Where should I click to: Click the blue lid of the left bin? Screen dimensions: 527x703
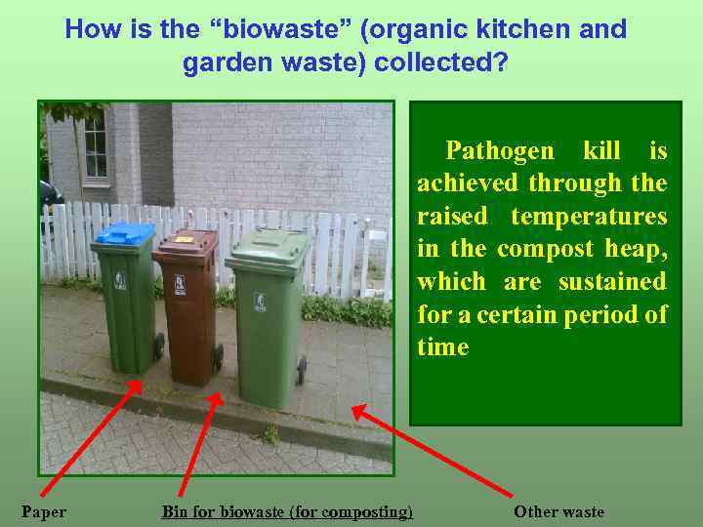125,234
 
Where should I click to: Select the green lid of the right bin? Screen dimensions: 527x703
267,241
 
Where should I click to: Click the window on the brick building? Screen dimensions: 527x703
95,146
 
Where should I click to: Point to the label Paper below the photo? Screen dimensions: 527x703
44,511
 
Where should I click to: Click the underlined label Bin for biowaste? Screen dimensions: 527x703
287,511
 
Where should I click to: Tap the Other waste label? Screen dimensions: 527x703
558,511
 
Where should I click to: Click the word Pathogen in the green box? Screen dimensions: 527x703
499,150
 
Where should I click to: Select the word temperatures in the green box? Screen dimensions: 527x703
589,216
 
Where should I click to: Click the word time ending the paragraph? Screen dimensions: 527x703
442,347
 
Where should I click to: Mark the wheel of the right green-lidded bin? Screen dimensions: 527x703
301,370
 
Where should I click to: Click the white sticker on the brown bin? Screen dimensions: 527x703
179,284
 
